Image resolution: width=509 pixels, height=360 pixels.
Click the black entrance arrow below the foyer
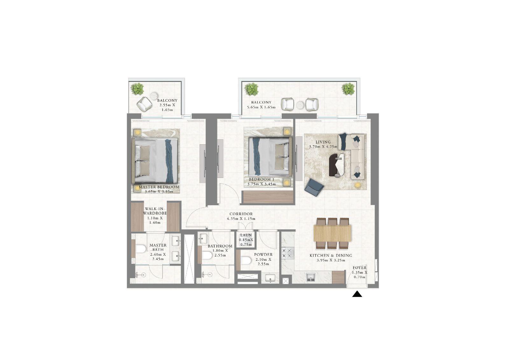pyautogui.click(x=357, y=294)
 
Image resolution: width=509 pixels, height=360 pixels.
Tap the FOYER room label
pyautogui.click(x=359, y=268)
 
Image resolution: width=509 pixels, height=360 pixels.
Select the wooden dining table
pyautogui.click(x=332, y=233)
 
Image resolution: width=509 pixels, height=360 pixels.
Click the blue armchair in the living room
pyautogui.click(x=314, y=187)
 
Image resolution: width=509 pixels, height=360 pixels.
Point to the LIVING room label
pyautogui.click(x=323, y=142)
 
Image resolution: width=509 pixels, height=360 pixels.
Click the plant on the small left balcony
pyautogui.click(x=137, y=89)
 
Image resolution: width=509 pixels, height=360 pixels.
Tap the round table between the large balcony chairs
pyautogui.click(x=301, y=105)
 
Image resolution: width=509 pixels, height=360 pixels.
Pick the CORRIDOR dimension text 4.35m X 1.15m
pyautogui.click(x=241, y=219)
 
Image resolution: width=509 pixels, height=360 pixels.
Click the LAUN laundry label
pyautogui.click(x=246, y=235)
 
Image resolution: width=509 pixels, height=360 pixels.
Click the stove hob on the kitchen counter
pyautogui.click(x=287, y=253)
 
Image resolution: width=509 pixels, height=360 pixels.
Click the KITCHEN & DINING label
pyautogui.click(x=331, y=255)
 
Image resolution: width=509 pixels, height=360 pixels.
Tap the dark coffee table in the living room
pyautogui.click(x=334, y=165)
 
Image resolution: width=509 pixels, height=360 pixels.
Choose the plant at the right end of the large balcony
pyautogui.click(x=348, y=89)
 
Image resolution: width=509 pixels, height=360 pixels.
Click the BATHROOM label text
pyautogui.click(x=220, y=246)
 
